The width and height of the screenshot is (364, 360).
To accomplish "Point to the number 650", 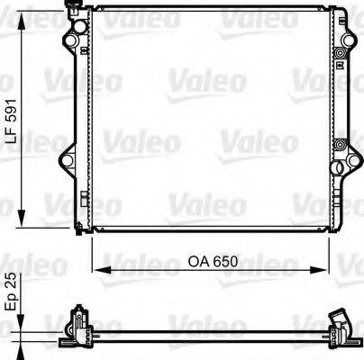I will pos(225,262).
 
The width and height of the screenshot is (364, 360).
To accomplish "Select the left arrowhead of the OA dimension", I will pos(98,269).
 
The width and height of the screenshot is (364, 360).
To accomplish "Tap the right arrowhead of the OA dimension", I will pos(319,269).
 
